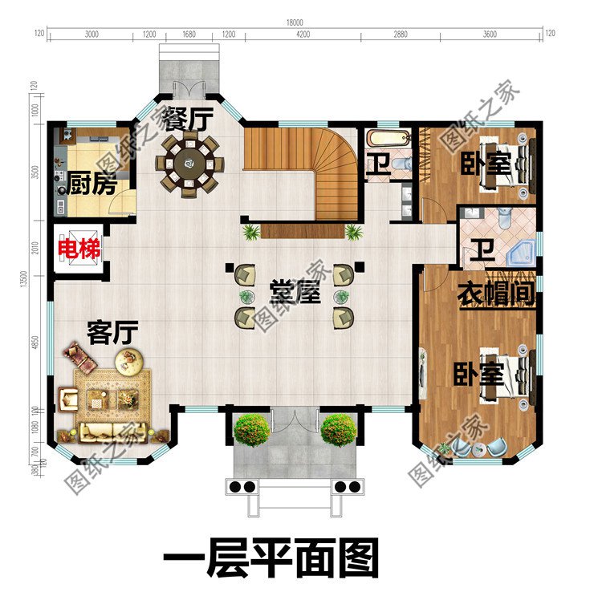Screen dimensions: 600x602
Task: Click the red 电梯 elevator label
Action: tap(79, 249)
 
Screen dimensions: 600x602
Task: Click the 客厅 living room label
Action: tap(112, 331)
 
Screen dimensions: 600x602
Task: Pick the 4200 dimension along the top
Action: tap(303, 34)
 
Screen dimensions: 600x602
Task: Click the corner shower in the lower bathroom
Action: tap(520, 253)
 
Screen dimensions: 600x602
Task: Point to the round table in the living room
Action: tap(132, 362)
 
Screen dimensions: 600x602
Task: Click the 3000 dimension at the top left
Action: tap(92, 34)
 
